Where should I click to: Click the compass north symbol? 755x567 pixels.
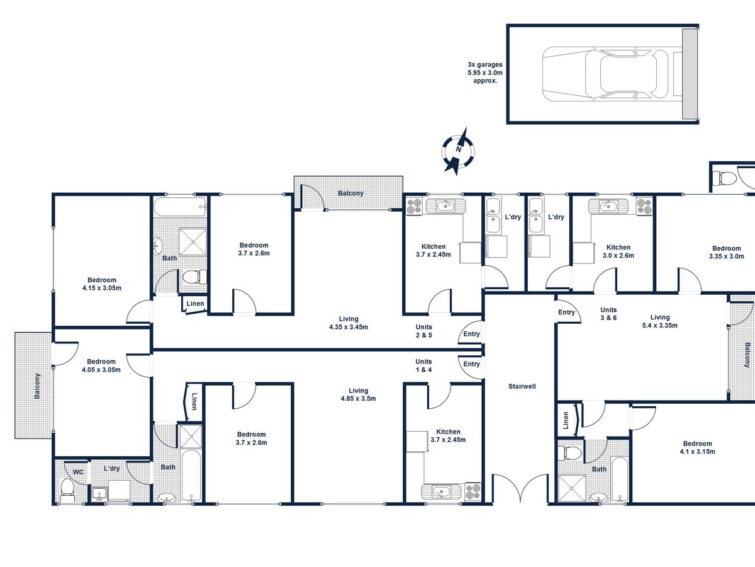(459, 151)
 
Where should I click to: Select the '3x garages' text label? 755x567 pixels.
(485, 64)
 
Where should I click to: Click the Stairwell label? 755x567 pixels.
(522, 386)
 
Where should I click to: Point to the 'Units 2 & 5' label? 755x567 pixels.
(424, 331)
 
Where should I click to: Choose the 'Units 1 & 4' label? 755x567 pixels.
(423, 365)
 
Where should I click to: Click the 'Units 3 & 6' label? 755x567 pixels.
(608, 314)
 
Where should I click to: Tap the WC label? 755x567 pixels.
(78, 472)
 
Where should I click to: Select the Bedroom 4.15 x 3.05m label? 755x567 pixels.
(102, 284)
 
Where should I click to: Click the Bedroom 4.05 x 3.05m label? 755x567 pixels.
(101, 365)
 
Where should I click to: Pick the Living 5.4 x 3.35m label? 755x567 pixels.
(660, 321)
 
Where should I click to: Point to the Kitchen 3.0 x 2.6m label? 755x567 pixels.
(618, 251)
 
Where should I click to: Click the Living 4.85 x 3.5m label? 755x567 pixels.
(358, 394)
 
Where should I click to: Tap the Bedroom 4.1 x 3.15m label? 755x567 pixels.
(697, 447)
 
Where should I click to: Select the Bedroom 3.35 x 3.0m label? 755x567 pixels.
(727, 253)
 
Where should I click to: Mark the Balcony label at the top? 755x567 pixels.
(350, 193)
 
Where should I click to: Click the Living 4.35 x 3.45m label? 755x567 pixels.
(349, 323)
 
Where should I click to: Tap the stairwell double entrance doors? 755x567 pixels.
(520, 488)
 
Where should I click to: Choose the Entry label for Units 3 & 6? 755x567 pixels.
(566, 312)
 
